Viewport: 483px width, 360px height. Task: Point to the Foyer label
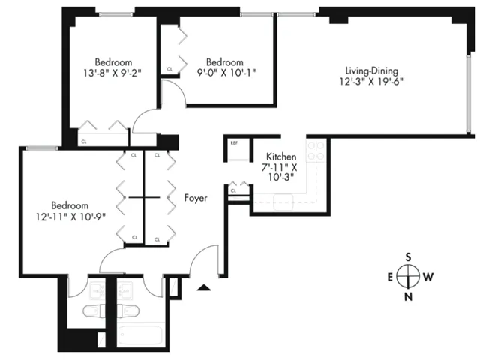[x=196, y=198]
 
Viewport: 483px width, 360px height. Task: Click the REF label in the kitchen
[x=234, y=142]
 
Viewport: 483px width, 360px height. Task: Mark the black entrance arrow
[x=202, y=287]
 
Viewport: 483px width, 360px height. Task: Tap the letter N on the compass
[x=408, y=296]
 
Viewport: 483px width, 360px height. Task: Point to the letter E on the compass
[x=389, y=277]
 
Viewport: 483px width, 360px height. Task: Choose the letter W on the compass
[x=428, y=277]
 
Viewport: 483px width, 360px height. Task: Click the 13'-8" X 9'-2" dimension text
[x=113, y=73]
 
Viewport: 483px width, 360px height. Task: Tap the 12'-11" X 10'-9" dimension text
[x=69, y=217]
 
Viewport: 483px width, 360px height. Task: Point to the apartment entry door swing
[x=202, y=259]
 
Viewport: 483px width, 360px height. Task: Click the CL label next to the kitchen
[x=234, y=191]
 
